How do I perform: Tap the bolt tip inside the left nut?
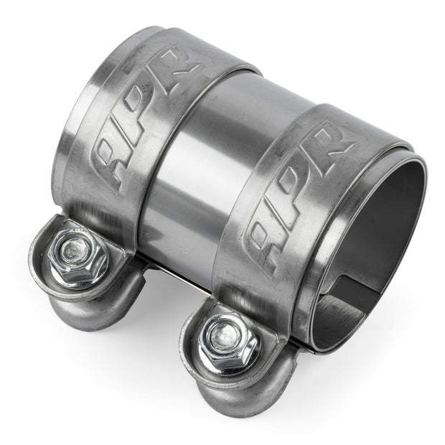tap(72, 251)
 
